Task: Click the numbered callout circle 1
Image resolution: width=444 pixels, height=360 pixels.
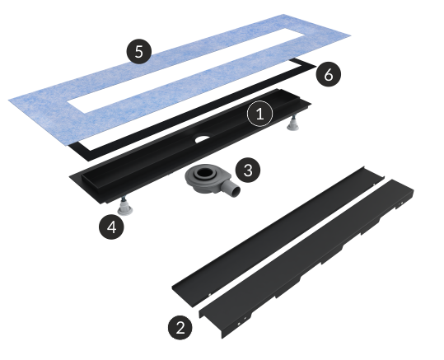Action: [x=260, y=114]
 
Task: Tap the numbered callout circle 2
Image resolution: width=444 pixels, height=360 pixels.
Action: [x=180, y=328]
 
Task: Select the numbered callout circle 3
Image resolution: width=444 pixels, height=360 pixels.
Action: [x=248, y=171]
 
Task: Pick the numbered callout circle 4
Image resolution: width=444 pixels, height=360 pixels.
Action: [x=111, y=227]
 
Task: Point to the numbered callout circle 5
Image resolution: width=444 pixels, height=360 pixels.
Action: [x=138, y=52]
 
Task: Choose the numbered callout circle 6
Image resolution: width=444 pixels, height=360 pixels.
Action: [x=328, y=74]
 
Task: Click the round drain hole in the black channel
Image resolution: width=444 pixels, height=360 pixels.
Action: [x=202, y=138]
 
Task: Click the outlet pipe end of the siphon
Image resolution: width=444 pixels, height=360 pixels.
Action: [x=236, y=192]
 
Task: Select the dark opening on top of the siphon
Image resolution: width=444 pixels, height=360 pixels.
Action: [x=203, y=172]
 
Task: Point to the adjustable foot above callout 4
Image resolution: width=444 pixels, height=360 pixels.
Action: [x=124, y=207]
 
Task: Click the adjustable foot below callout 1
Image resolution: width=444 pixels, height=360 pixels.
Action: [x=292, y=124]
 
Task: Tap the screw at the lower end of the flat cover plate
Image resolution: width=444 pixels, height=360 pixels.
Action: [x=209, y=295]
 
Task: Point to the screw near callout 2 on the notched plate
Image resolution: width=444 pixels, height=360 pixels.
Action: [x=239, y=324]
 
